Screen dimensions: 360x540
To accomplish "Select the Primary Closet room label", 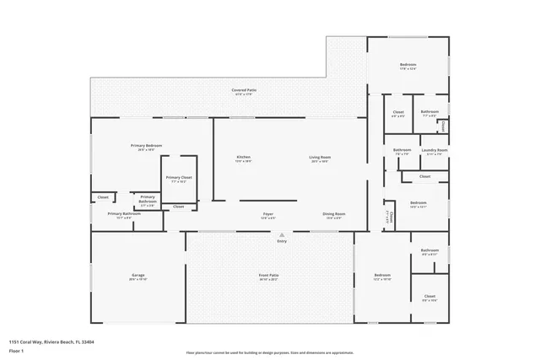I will [x=179, y=178].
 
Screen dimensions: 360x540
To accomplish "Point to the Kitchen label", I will [x=243, y=158].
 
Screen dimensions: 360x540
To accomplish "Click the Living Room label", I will [x=320, y=158].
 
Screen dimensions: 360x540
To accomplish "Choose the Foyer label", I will [x=267, y=215].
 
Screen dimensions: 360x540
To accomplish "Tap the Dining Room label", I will [x=334, y=215].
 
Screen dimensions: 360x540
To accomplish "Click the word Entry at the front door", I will [x=282, y=241].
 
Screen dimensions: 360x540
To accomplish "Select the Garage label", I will [x=138, y=277].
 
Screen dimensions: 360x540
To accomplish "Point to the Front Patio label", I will [x=269, y=277].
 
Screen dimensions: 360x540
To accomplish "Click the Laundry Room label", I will [x=436, y=151].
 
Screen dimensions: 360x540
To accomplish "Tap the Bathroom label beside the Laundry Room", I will [x=402, y=151].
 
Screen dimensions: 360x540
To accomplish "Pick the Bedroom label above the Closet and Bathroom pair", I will [x=408, y=66].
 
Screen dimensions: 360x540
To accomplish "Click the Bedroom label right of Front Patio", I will [x=382, y=276].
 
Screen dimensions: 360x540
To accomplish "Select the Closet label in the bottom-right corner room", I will [x=429, y=297].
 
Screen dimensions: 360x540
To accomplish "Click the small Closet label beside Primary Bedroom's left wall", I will [x=103, y=197].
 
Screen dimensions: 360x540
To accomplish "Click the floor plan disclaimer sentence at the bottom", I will [x=269, y=352].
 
